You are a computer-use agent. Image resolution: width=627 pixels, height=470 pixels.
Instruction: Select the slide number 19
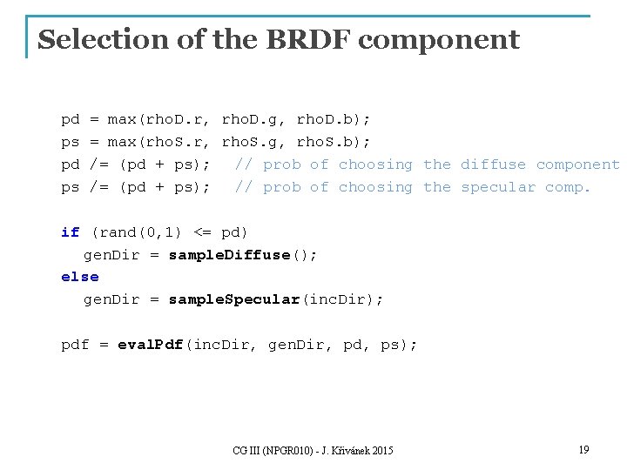coord(583,449)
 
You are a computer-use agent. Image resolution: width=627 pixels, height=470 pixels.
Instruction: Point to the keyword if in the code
coord(70,232)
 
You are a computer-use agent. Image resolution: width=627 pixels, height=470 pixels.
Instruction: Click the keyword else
coord(79,277)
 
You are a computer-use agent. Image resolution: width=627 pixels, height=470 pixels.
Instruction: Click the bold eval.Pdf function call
coord(149,345)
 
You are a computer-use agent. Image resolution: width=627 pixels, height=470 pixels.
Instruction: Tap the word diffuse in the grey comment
coord(493,164)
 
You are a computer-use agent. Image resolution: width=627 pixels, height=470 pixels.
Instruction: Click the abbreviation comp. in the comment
coord(568,186)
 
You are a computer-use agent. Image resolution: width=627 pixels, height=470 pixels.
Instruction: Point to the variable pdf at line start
coord(75,345)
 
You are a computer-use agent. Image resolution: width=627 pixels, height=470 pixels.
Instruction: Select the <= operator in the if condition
coord(202,232)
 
